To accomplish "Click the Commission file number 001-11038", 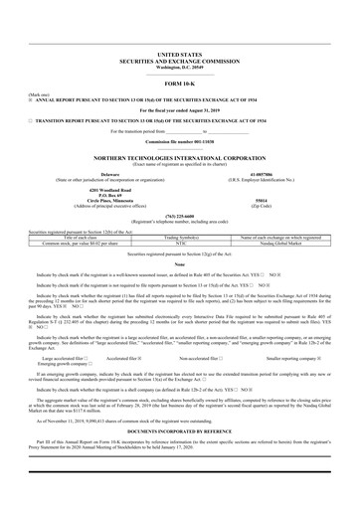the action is [x=179, y=142].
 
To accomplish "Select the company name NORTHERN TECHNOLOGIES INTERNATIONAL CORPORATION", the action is [x=179, y=156].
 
